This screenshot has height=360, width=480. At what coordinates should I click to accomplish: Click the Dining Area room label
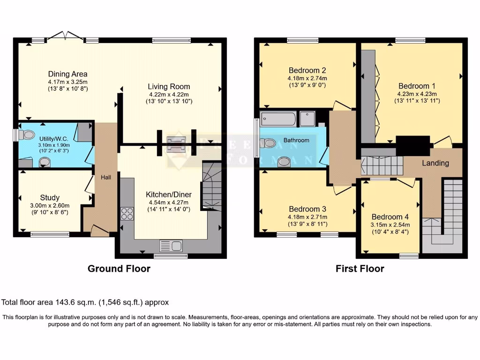(68, 74)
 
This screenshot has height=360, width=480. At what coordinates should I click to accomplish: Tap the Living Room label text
(169, 86)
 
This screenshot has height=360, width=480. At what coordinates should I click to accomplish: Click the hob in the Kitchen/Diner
(127, 213)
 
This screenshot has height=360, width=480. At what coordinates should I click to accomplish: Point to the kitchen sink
(171, 245)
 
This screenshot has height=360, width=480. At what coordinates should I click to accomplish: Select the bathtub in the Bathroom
(278, 119)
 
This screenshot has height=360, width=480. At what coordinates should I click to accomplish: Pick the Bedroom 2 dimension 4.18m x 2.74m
(307, 78)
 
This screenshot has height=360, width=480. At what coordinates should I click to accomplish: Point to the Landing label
(435, 163)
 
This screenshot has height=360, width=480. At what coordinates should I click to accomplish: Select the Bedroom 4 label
(390, 217)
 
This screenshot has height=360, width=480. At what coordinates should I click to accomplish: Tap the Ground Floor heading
(119, 269)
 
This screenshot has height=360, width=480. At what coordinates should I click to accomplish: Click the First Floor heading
(360, 269)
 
